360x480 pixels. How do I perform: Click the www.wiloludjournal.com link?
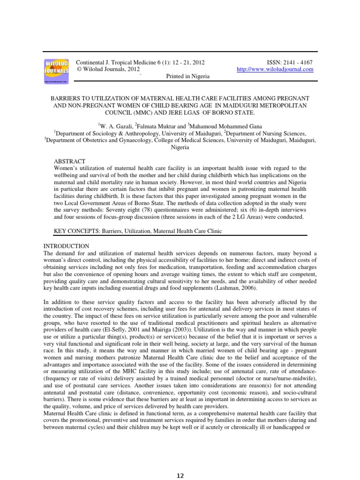pos(275,69)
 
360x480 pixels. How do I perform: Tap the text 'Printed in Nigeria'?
pos(188,76)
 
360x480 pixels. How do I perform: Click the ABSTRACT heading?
pos(70,161)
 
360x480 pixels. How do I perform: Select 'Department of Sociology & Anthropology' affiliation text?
pos(111,133)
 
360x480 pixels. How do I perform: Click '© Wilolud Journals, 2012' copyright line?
pos(106,69)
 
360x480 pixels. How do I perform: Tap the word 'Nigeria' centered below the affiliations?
pos(180,147)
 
